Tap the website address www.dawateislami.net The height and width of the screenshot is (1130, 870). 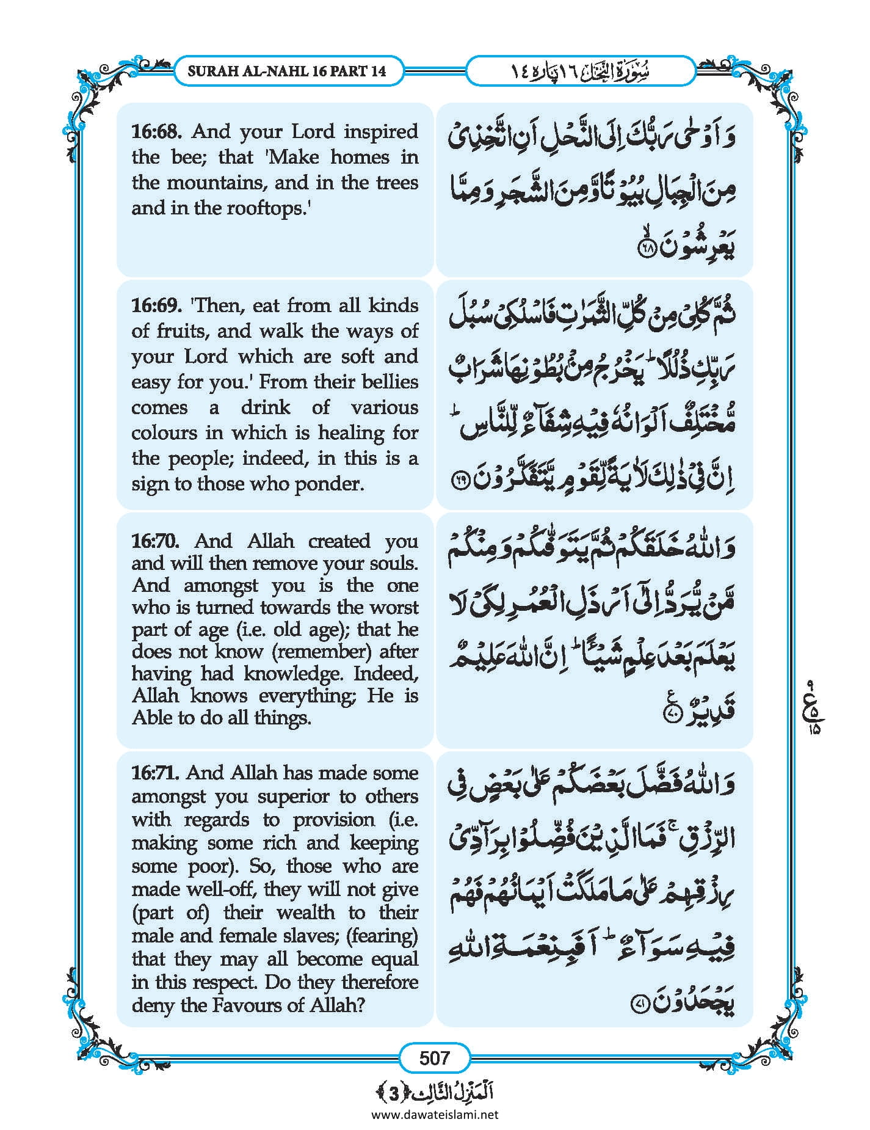(434, 1114)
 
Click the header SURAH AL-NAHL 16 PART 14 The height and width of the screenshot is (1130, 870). (287, 70)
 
